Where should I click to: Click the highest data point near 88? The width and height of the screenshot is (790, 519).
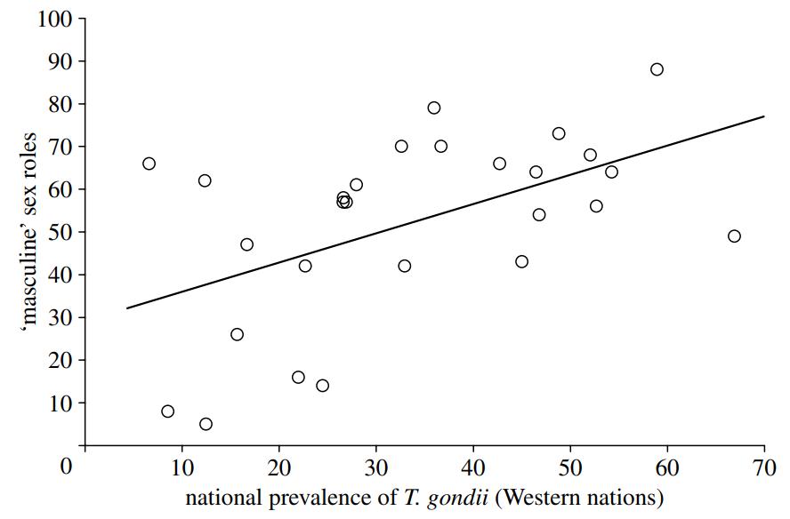pyautogui.click(x=657, y=69)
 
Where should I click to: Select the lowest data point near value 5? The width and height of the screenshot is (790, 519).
pyautogui.click(x=206, y=424)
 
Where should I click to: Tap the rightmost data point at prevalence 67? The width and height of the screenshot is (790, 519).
pyautogui.click(x=734, y=236)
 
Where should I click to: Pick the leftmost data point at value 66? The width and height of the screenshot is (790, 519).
pyautogui.click(x=149, y=164)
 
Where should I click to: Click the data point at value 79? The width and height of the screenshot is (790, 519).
pyautogui.click(x=434, y=108)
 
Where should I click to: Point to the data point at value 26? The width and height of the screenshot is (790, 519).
pyautogui.click(x=237, y=334)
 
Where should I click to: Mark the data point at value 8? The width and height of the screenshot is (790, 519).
pyautogui.click(x=167, y=411)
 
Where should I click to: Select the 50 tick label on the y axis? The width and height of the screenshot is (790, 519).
pyautogui.click(x=59, y=232)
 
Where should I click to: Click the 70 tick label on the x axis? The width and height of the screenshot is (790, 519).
pyautogui.click(x=764, y=467)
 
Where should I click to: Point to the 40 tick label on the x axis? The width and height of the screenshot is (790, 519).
pyautogui.click(x=472, y=467)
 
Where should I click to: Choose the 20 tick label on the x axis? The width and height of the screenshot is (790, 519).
pyautogui.click(x=278, y=467)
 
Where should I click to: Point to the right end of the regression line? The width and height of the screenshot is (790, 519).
pyautogui.click(x=764, y=116)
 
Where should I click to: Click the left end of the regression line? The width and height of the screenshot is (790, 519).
pyautogui.click(x=127, y=308)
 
